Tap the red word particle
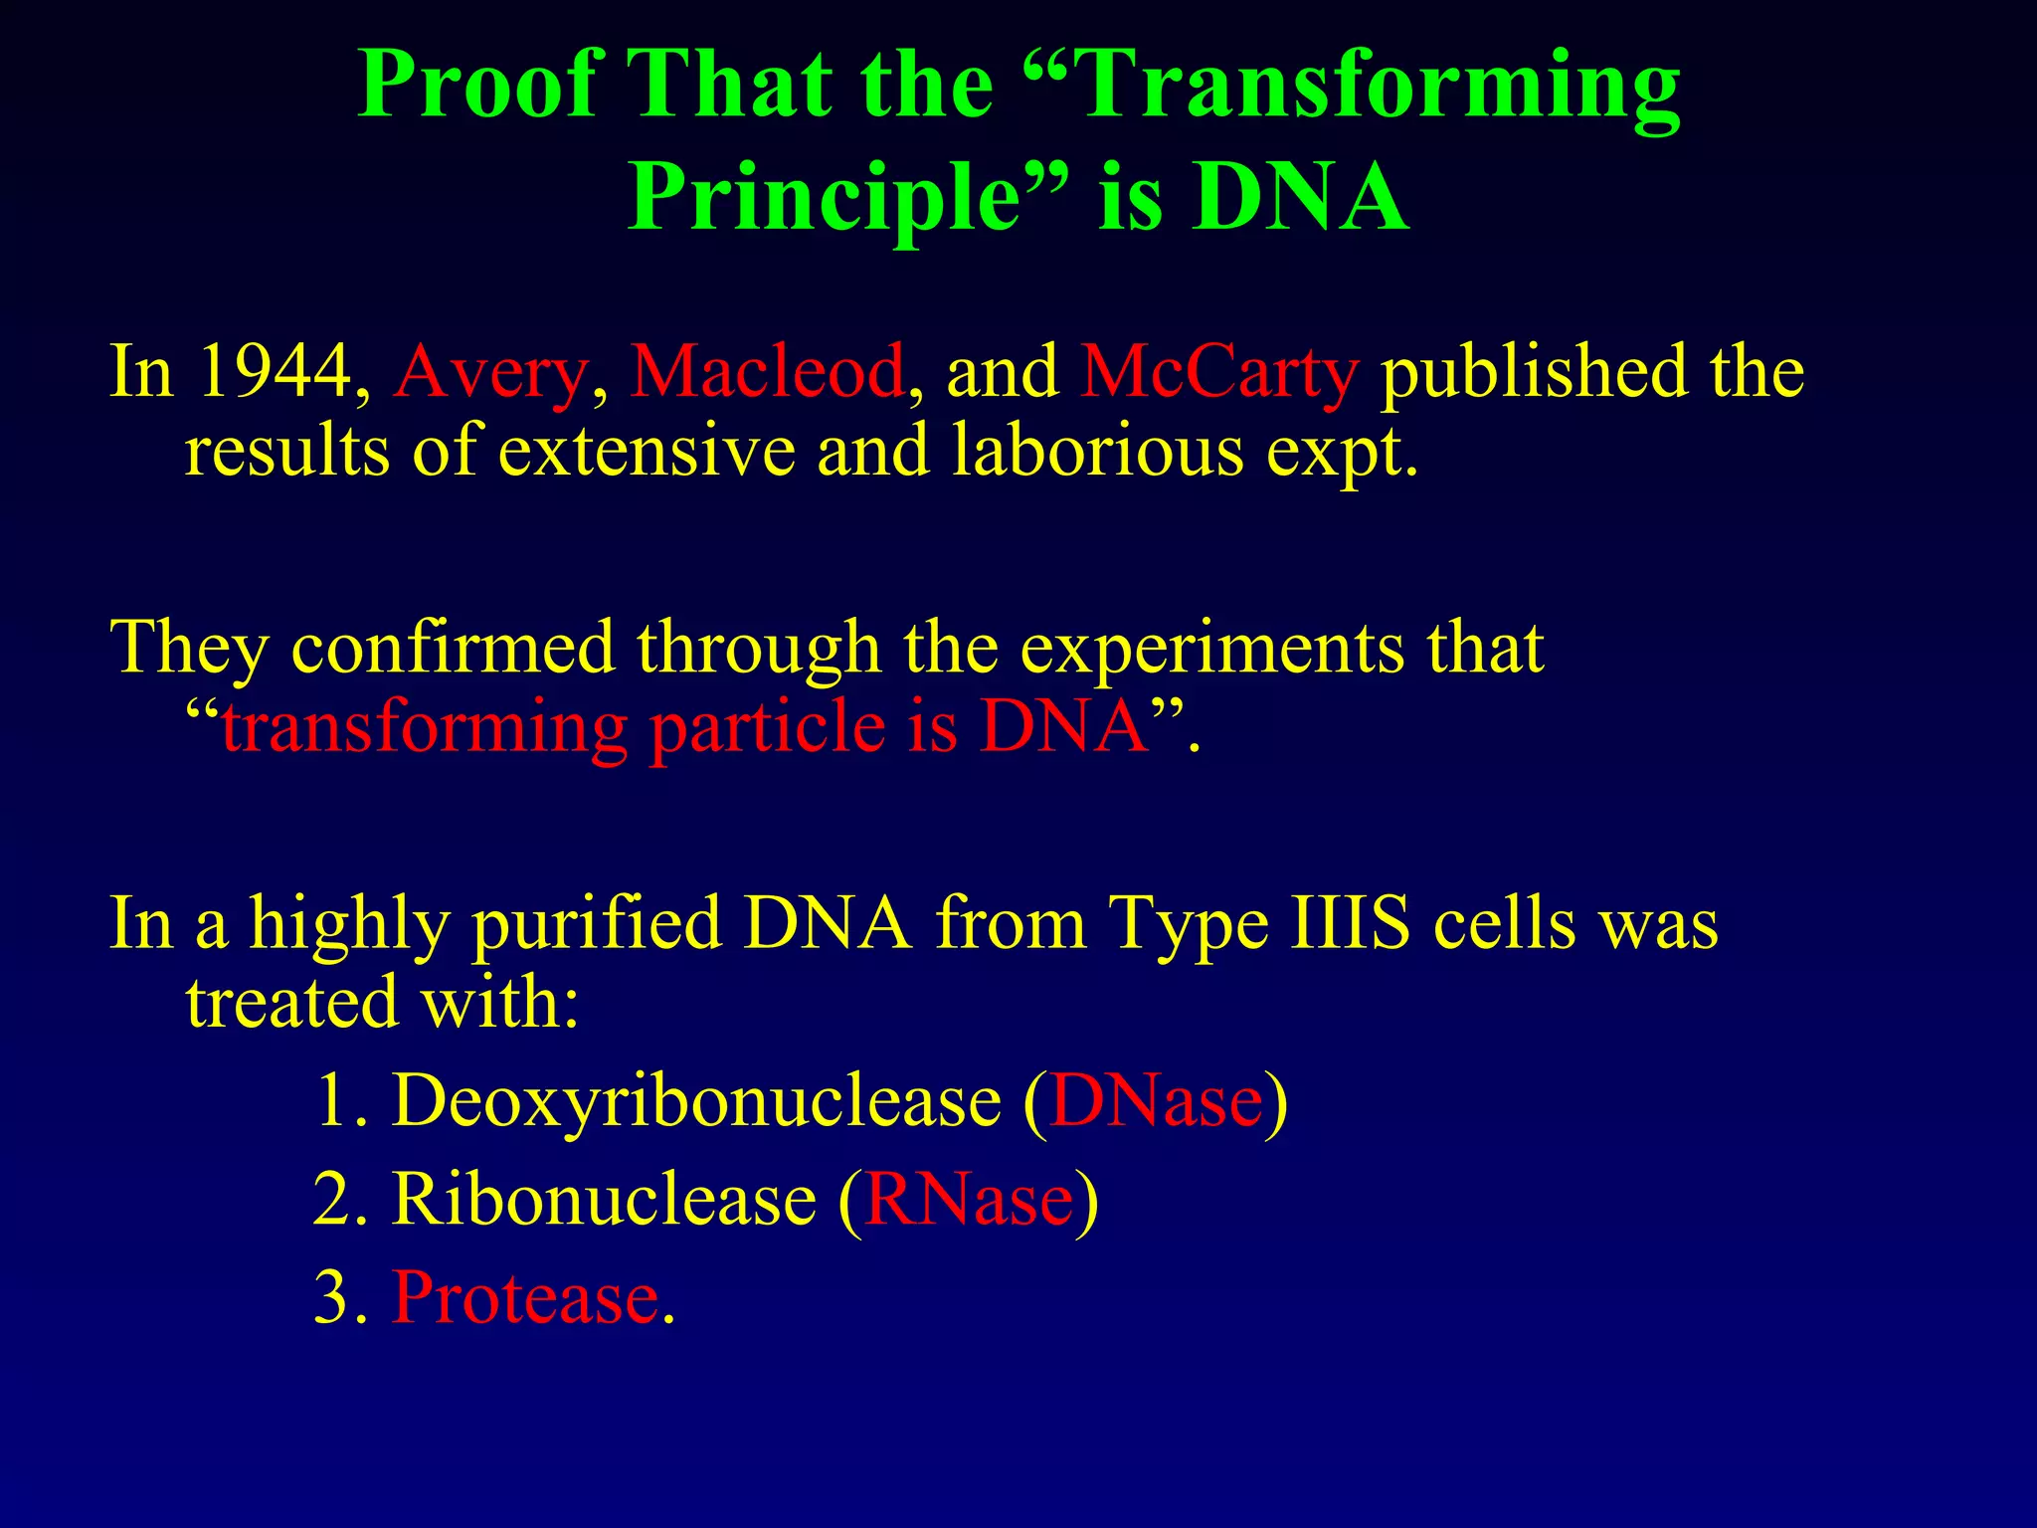767,727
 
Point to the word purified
597,924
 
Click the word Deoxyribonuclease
696,1102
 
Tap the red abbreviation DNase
1156,1102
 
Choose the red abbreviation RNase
969,1200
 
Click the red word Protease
525,1297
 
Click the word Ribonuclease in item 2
604,1200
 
